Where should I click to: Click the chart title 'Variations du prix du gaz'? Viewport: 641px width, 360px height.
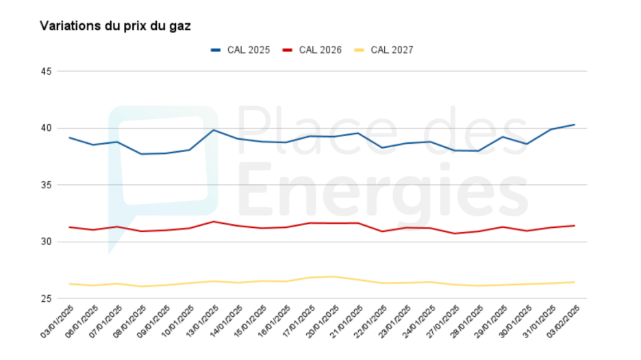115,26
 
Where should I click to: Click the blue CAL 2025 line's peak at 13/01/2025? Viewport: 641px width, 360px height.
214,130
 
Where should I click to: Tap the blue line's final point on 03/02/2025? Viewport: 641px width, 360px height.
574,125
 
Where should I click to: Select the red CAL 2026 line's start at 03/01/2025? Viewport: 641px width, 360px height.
69,227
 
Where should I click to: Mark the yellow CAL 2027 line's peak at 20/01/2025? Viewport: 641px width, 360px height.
334,277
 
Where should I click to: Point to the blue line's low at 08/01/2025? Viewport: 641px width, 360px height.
142,154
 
